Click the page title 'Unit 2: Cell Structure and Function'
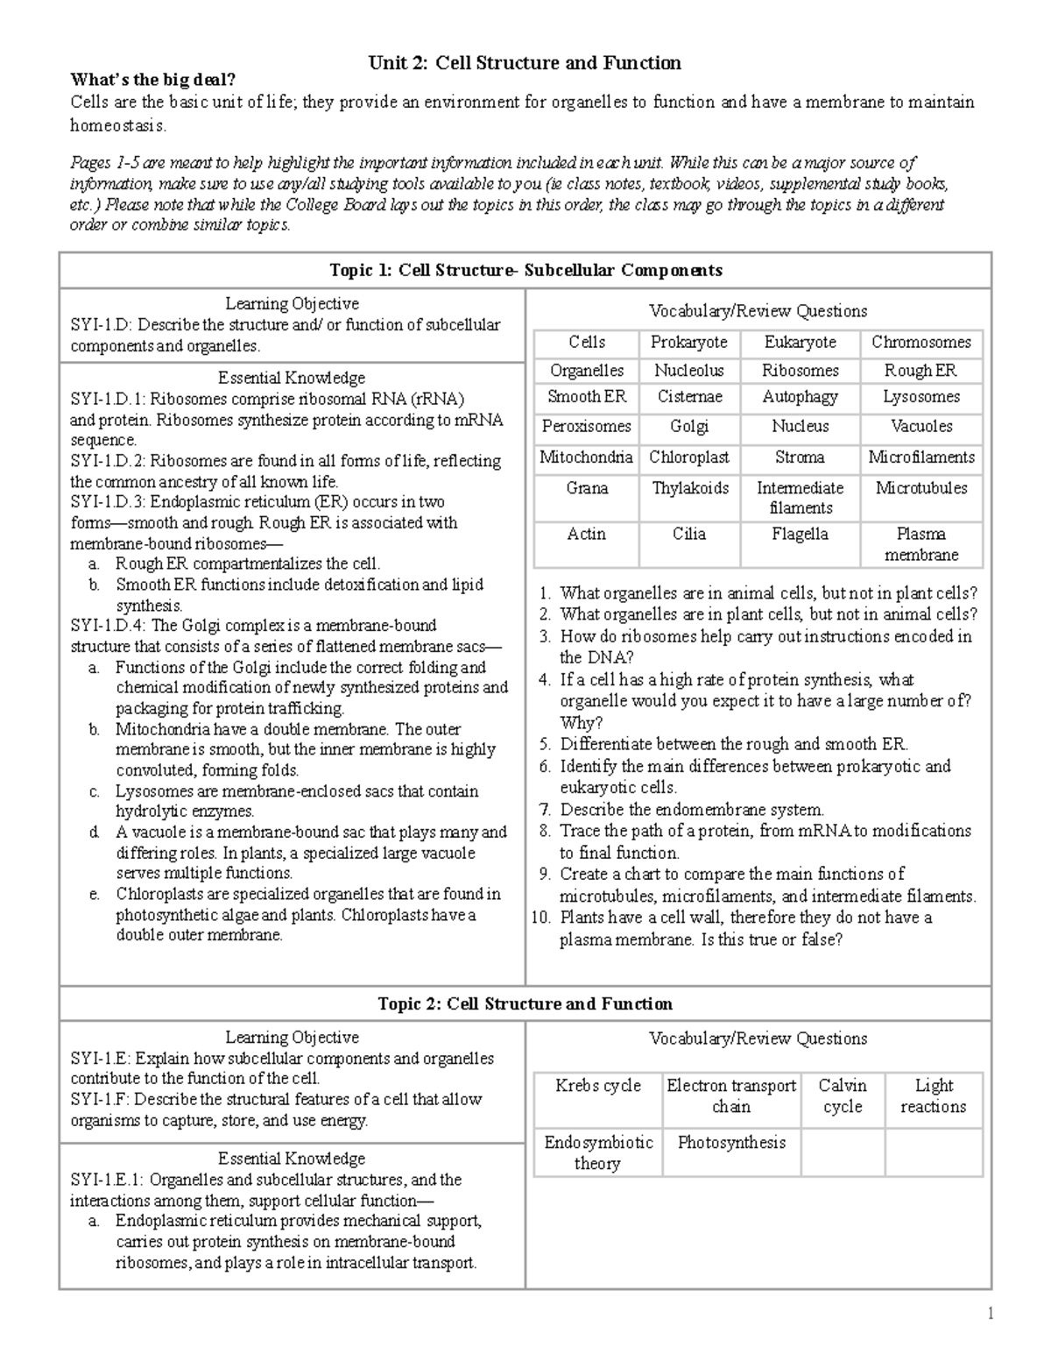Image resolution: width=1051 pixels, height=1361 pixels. point(525,62)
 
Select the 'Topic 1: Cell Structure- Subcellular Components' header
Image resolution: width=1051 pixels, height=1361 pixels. point(525,270)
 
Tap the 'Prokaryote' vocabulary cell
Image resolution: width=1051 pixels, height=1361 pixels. point(688,343)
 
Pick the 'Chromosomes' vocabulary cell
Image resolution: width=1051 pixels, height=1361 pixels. point(921,343)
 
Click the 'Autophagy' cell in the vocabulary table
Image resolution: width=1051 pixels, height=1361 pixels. point(800,397)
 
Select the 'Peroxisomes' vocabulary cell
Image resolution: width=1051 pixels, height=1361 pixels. point(586,427)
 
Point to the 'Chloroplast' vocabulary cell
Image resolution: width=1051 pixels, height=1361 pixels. point(689,457)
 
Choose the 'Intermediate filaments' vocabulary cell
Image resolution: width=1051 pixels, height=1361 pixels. point(800,498)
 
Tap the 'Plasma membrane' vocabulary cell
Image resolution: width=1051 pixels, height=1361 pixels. point(921,544)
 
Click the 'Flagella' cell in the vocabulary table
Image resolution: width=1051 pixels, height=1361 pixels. point(800,535)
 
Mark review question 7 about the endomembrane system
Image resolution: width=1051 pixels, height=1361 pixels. point(692,810)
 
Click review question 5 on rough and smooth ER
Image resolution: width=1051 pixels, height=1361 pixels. point(734,745)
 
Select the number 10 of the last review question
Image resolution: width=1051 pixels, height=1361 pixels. point(540,918)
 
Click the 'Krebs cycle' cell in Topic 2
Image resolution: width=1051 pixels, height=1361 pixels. point(598,1086)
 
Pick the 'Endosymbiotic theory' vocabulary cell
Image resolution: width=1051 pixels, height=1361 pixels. point(598,1152)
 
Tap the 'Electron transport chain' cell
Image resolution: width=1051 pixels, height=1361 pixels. point(731,1096)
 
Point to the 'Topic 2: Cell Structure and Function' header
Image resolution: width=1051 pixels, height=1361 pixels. point(525,1004)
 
